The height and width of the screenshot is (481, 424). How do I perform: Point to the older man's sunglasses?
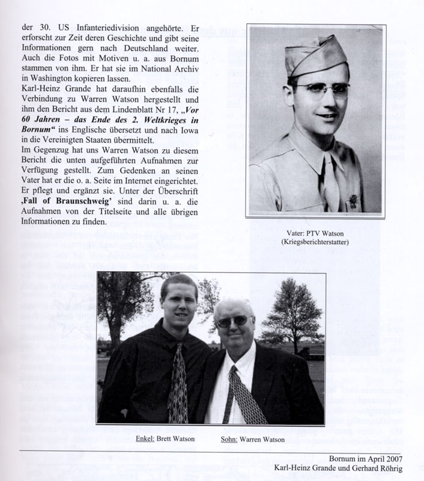coord(234,321)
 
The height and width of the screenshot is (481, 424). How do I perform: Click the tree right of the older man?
coord(294,313)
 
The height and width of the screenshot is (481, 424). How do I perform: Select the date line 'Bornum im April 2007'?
coord(365,456)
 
